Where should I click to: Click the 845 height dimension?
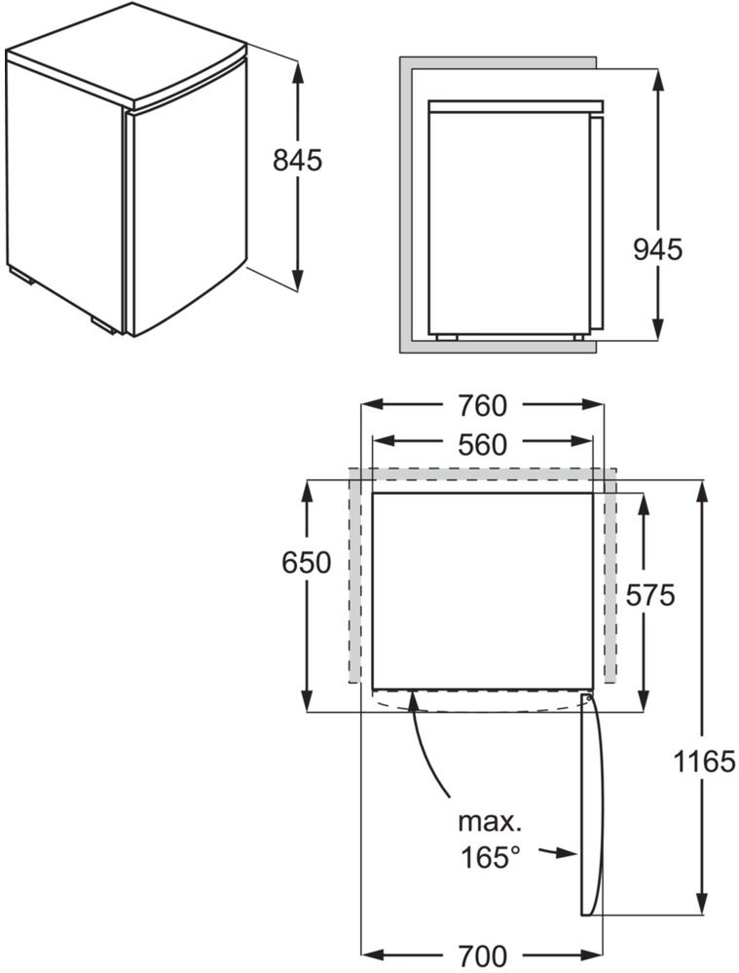pyautogui.click(x=297, y=160)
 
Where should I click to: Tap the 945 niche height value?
pyautogui.click(x=658, y=249)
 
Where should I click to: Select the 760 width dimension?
pyautogui.click(x=482, y=406)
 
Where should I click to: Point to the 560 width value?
pyautogui.click(x=482, y=445)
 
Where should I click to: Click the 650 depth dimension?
pyautogui.click(x=306, y=563)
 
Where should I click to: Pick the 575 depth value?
pyautogui.click(x=649, y=595)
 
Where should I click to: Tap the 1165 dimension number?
pyautogui.click(x=704, y=761)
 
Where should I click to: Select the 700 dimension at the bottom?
pyautogui.click(x=482, y=955)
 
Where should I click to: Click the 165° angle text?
pyautogui.click(x=490, y=857)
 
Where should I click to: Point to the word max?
pyautogui.click(x=490, y=822)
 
